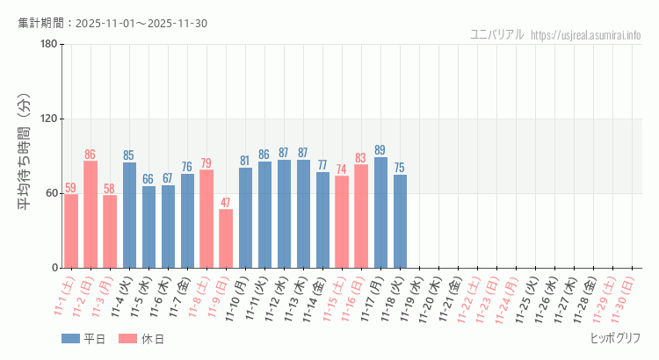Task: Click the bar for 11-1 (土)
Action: click(x=71, y=231)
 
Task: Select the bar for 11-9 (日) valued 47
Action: click(x=226, y=238)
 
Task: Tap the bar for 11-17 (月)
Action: click(x=380, y=212)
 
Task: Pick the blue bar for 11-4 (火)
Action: click(x=129, y=215)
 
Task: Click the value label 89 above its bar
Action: click(x=380, y=150)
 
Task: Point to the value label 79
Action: click(x=206, y=163)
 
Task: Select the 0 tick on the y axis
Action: click(x=54, y=268)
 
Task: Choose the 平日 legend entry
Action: click(x=83, y=339)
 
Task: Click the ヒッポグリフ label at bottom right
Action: click(x=615, y=338)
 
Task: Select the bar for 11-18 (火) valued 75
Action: click(x=400, y=221)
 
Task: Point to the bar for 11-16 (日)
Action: click(x=361, y=216)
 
